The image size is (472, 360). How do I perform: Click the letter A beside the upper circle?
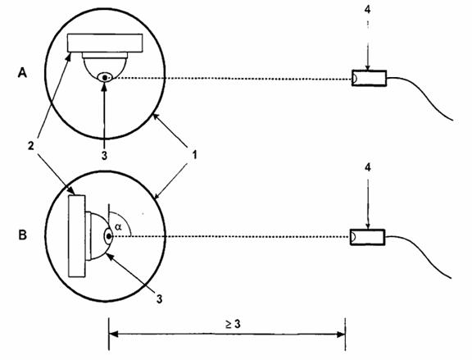pyautogui.click(x=22, y=73)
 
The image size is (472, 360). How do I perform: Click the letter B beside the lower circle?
pyautogui.click(x=23, y=235)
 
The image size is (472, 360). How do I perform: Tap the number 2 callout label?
pyautogui.click(x=30, y=146)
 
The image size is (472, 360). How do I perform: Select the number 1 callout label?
pyautogui.click(x=194, y=155)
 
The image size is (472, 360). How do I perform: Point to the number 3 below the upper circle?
pyautogui.click(x=104, y=156)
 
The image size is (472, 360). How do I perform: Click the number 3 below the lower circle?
pyautogui.click(x=159, y=298)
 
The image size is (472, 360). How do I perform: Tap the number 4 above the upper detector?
pyautogui.click(x=368, y=9)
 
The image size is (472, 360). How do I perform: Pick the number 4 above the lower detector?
pyautogui.click(x=368, y=167)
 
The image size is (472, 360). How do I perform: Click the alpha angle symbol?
pyautogui.click(x=118, y=227)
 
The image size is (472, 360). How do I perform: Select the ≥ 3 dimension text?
pyautogui.click(x=233, y=324)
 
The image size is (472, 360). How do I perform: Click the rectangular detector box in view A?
pyautogui.click(x=369, y=79)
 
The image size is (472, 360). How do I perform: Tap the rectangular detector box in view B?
pyautogui.click(x=368, y=237)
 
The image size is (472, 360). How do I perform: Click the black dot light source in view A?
pyautogui.click(x=105, y=77)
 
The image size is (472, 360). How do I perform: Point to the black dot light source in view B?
pyautogui.click(x=108, y=236)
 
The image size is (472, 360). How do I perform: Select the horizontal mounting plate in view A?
pyautogui.click(x=105, y=43)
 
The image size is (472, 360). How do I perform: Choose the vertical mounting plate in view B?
pyautogui.click(x=77, y=236)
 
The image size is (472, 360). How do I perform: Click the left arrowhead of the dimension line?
pyautogui.click(x=112, y=334)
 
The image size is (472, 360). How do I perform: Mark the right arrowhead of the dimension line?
pyautogui.click(x=342, y=334)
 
